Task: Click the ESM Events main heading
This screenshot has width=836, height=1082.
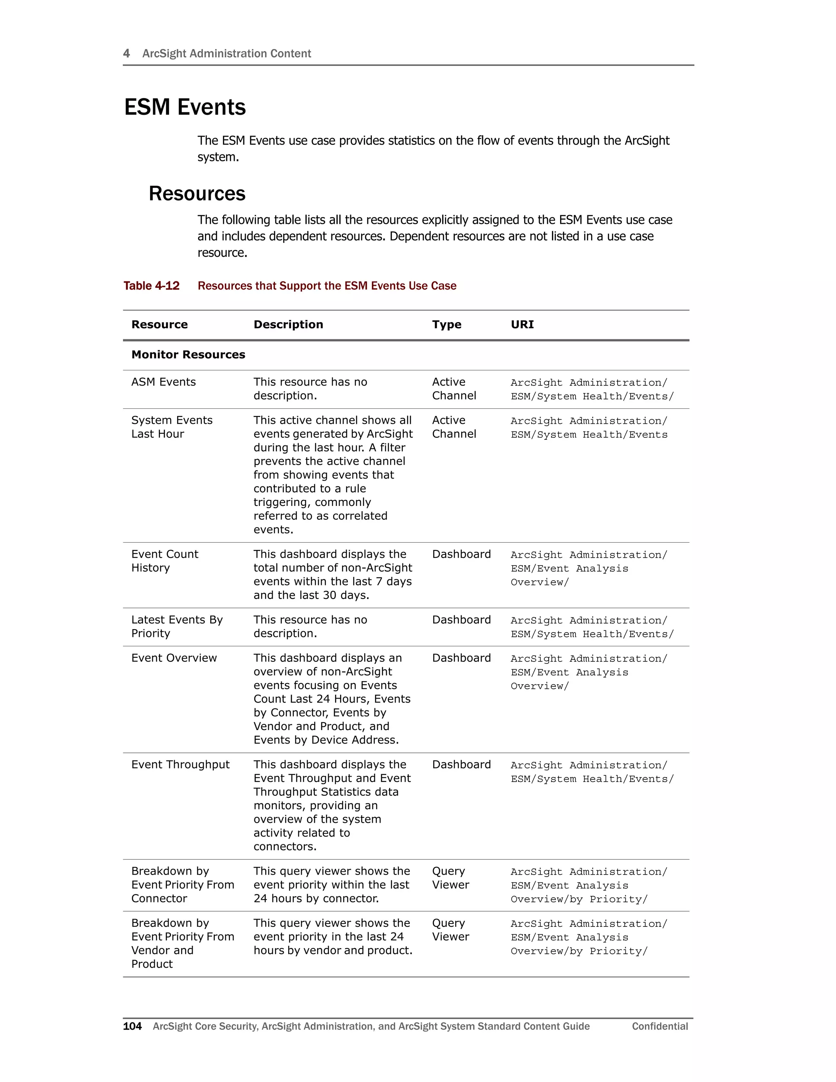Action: click(185, 107)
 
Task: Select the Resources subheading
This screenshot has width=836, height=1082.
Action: click(197, 193)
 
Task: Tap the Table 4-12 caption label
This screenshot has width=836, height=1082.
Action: click(151, 286)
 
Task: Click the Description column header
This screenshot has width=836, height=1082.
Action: click(288, 325)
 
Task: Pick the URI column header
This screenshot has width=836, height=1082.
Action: click(522, 325)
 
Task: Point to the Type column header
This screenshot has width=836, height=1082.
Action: click(446, 325)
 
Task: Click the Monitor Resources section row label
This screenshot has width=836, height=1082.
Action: click(188, 355)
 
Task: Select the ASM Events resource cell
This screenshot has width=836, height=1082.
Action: click(163, 382)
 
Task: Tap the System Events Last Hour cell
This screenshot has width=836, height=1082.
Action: click(171, 427)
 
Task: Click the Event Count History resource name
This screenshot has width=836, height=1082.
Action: click(165, 561)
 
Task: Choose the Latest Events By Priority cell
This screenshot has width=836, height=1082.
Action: click(177, 627)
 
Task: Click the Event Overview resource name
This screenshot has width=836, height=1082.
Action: click(174, 658)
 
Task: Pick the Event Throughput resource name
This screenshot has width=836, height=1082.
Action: click(180, 764)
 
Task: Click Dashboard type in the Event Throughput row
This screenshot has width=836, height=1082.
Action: click(461, 764)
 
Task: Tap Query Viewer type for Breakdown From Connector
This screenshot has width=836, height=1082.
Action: click(450, 878)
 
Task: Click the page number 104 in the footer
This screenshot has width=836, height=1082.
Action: click(132, 1026)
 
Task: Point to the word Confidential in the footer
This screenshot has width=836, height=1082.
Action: click(660, 1026)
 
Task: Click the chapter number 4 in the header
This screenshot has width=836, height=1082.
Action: click(126, 53)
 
